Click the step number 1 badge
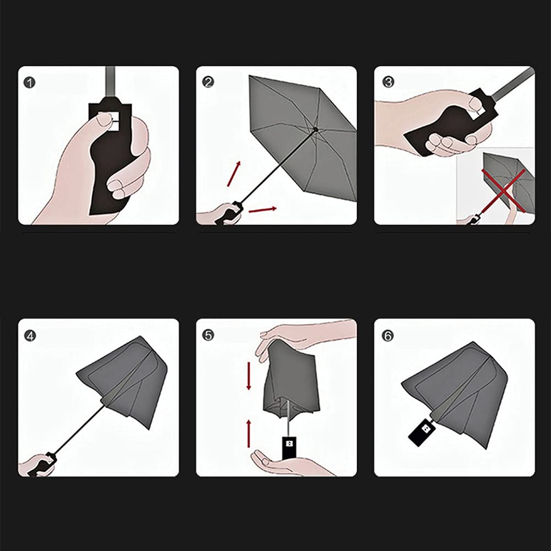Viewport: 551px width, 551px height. [30, 83]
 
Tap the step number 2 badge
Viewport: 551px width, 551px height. [208, 82]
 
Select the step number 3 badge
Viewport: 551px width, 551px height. [388, 82]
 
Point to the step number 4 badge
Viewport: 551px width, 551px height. [30, 336]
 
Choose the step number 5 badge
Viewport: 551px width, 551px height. [208, 335]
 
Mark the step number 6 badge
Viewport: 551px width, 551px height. [387, 336]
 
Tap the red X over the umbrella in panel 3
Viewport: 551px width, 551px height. [504, 191]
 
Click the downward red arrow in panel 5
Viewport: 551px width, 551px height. [249, 375]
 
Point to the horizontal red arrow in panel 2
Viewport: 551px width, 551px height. [262, 210]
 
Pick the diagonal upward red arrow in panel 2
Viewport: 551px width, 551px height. [234, 174]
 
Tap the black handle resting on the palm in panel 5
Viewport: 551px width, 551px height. [289, 447]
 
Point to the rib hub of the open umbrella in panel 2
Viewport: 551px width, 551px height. [316, 129]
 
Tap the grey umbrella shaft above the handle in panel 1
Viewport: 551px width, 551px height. [110, 82]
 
